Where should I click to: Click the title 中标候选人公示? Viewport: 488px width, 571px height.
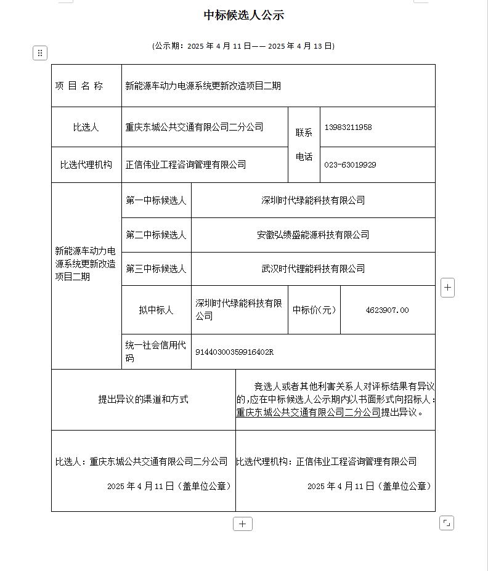coord(243,15)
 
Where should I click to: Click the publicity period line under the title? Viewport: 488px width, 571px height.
coord(243,46)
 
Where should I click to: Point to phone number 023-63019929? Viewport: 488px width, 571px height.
coord(350,164)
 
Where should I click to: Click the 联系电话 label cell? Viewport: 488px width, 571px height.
coord(304,145)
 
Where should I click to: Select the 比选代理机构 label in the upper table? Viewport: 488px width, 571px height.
coord(86,164)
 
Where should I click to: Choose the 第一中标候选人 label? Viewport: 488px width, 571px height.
coord(156,200)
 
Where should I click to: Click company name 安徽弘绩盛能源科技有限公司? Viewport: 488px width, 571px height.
coord(313,235)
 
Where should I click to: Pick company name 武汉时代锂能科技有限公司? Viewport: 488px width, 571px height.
coord(313,269)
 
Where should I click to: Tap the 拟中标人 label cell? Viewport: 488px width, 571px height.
coord(156,310)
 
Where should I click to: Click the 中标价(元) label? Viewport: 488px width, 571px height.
coord(314,310)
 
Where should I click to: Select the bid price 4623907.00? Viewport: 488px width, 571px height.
coord(387,310)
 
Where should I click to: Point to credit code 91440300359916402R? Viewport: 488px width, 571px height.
coord(234,352)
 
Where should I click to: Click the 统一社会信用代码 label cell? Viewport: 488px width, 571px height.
coord(156,352)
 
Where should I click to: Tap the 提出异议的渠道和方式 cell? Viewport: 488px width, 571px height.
coord(144,399)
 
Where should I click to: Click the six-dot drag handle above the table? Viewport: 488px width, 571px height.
coord(40,53)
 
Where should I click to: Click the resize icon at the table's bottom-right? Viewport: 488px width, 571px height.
coord(447,523)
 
